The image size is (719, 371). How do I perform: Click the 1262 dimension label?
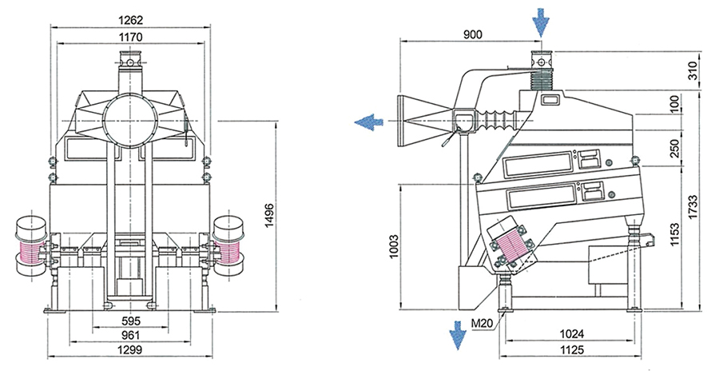tap(131, 20)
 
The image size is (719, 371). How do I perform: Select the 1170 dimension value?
tap(131, 37)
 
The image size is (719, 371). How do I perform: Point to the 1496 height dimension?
tap(269, 215)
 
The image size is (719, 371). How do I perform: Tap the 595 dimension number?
tap(131, 321)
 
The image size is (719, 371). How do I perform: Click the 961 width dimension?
tap(131, 335)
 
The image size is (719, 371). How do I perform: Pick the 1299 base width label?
tap(131, 350)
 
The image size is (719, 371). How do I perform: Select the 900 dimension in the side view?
tap(473, 34)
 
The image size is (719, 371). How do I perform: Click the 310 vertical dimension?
tap(693, 70)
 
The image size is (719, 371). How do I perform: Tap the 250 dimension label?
tap(674, 148)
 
